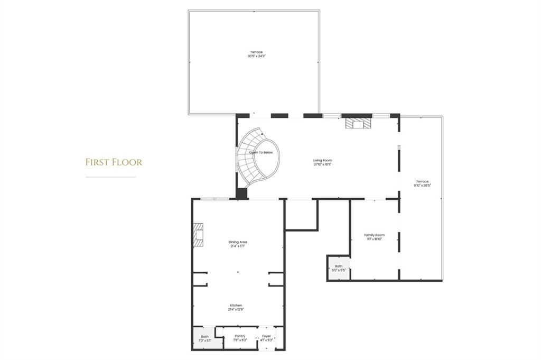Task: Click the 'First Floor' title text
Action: (x=114, y=162)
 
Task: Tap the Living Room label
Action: (x=322, y=160)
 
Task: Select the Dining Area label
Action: (x=238, y=242)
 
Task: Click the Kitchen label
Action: (x=236, y=306)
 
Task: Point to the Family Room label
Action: (x=374, y=235)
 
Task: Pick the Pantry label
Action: (x=240, y=336)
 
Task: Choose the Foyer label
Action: (x=267, y=336)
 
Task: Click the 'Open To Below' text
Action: (x=262, y=152)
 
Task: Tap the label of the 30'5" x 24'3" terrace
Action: (x=256, y=52)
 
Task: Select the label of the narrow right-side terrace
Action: (x=422, y=181)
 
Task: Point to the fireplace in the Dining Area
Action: (x=199, y=234)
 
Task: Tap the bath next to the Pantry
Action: (x=204, y=338)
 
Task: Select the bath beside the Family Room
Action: (x=338, y=268)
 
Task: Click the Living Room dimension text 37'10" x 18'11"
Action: (x=322, y=164)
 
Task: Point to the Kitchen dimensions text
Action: (x=236, y=309)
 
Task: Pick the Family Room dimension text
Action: (x=374, y=238)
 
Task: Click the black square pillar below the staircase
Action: (x=241, y=193)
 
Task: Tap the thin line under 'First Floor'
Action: (x=110, y=177)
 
